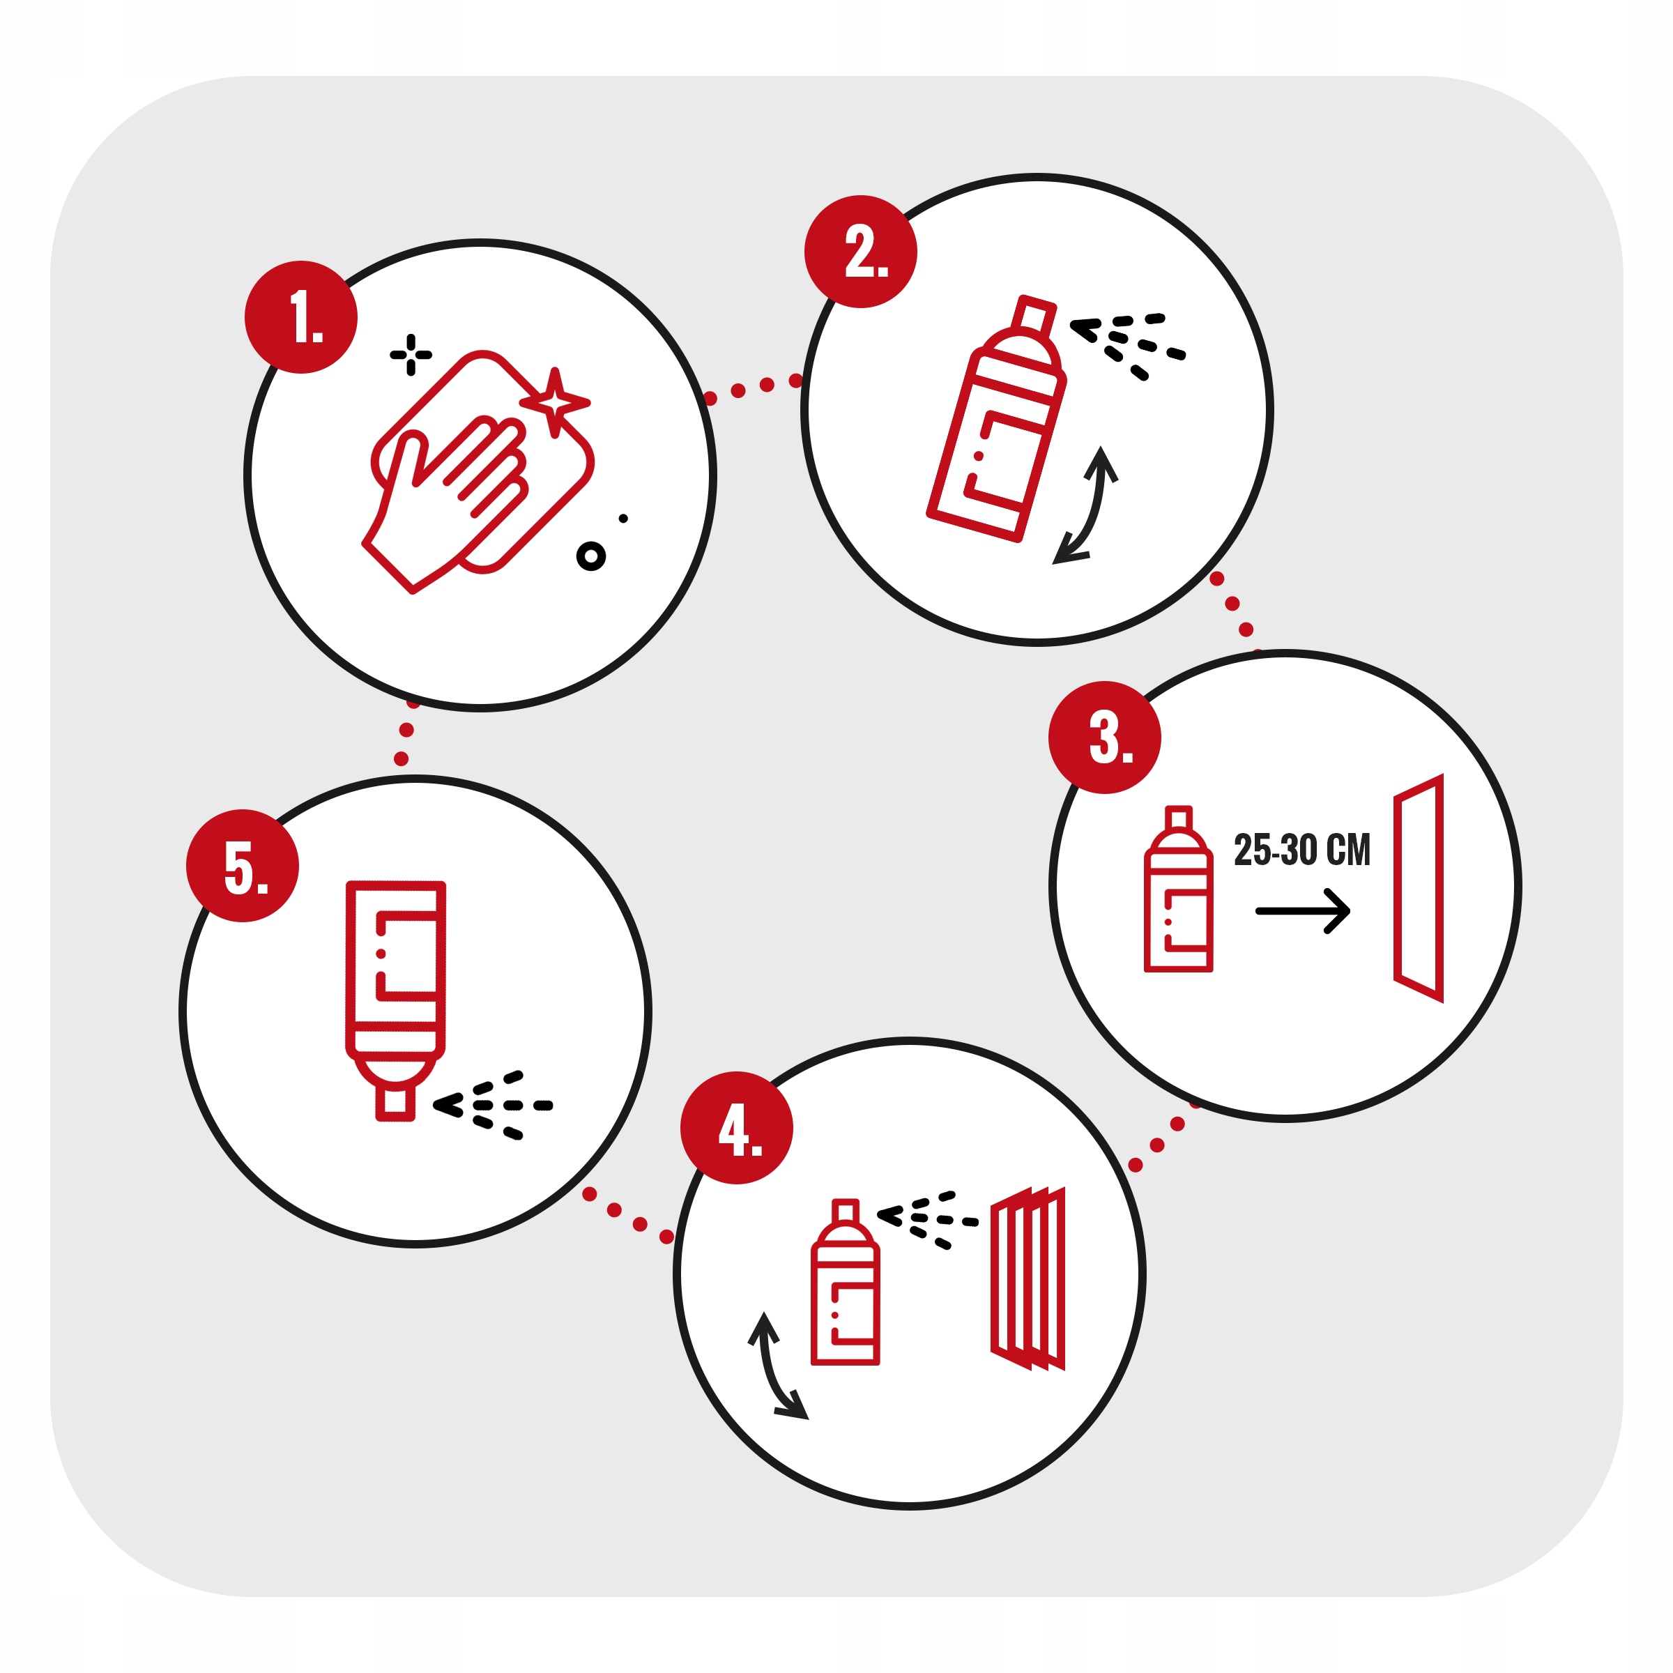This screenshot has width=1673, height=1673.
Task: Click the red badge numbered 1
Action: (x=300, y=317)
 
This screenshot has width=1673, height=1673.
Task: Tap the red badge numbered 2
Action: (x=861, y=251)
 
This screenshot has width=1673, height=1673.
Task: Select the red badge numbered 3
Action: (x=1105, y=737)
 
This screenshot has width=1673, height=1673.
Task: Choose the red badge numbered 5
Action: (x=243, y=865)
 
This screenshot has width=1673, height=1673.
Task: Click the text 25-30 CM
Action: (x=1302, y=850)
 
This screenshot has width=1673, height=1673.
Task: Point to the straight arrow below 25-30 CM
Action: (x=1302, y=911)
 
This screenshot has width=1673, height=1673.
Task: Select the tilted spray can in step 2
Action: (x=996, y=419)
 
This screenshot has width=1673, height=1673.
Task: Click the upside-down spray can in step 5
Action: (x=396, y=1001)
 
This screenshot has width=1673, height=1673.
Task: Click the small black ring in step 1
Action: (x=590, y=556)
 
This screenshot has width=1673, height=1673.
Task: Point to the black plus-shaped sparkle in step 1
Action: (x=411, y=355)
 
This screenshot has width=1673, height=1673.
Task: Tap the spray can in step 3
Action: (x=1179, y=889)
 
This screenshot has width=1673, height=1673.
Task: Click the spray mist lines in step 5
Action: (x=492, y=1105)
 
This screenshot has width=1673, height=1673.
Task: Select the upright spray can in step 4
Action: (x=845, y=1283)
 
